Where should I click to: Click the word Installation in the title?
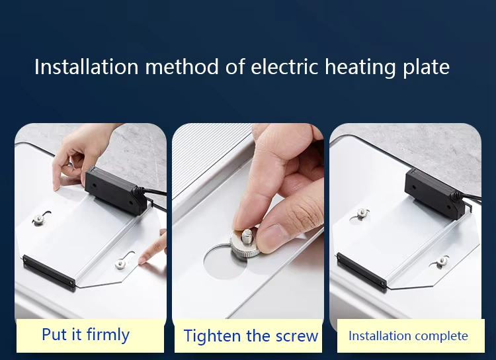pyautogui.click(x=87, y=66)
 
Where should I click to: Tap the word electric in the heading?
pyautogui.click(x=284, y=66)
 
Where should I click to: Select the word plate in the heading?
pyautogui.click(x=427, y=67)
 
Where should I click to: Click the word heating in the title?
pyautogui.click(x=360, y=67)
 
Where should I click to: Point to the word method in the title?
pyautogui.click(x=182, y=66)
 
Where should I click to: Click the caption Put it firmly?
pyautogui.click(x=86, y=335)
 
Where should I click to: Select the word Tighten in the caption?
pyautogui.click(x=212, y=336)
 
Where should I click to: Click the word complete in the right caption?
pyautogui.click(x=441, y=336)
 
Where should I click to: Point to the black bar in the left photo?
pyautogui.click(x=48, y=271)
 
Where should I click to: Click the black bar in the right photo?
pyautogui.click(x=362, y=270)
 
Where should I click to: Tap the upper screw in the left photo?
pyautogui.click(x=38, y=219)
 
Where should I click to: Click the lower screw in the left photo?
pyautogui.click(x=120, y=263)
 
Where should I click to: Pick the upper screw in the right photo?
pyautogui.click(x=362, y=213)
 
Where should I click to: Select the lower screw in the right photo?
pyautogui.click(x=442, y=261)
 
